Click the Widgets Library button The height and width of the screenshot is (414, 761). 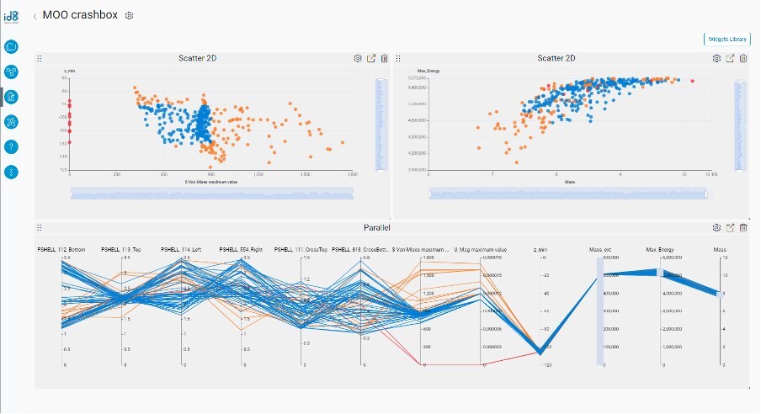[726, 39]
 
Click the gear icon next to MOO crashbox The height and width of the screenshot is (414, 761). [129, 16]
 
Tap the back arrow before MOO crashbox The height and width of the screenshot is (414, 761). [35, 16]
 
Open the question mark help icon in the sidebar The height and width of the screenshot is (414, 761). [11, 146]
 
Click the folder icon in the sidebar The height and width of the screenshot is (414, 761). [11, 46]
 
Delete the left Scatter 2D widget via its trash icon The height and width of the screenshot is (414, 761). [385, 58]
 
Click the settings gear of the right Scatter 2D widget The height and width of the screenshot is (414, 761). [716, 58]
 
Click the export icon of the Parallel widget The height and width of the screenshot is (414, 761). [730, 227]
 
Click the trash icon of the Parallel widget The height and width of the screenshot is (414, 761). [743, 227]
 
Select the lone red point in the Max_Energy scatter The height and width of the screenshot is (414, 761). [692, 81]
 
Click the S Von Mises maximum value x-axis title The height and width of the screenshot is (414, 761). [208, 182]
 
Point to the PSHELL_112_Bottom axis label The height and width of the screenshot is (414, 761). [63, 250]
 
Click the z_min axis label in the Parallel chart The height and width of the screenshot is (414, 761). [540, 250]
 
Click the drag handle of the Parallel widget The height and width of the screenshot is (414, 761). [40, 227]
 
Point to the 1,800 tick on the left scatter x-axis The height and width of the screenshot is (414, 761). [352, 174]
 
